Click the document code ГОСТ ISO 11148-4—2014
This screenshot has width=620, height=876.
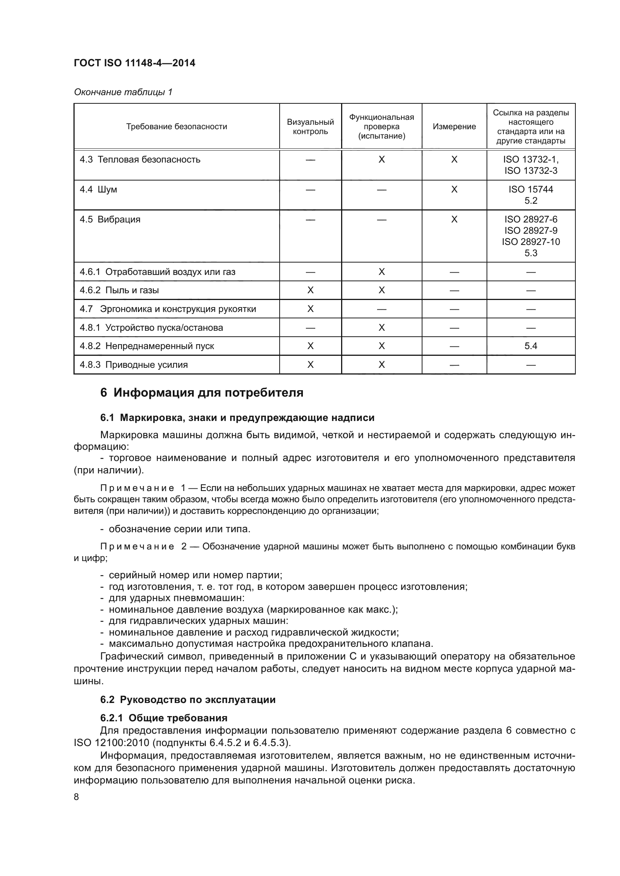tap(135, 63)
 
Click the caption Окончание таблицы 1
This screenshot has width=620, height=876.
tap(123, 92)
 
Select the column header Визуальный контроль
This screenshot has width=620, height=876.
tap(310, 127)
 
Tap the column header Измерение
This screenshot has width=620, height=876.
tap(454, 127)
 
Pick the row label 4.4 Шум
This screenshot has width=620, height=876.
tap(99, 190)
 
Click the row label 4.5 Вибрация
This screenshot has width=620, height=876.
tap(110, 219)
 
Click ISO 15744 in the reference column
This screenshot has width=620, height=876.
tap(530, 189)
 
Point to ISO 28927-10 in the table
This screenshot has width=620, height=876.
tap(530, 242)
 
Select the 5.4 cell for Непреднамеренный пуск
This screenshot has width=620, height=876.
tap(530, 346)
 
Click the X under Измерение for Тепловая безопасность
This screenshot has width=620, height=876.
tap(454, 160)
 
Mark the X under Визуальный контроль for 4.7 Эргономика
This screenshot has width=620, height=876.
tap(310, 309)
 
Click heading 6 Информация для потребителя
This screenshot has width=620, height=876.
tap(202, 392)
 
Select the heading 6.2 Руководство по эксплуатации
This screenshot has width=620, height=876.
tap(187, 700)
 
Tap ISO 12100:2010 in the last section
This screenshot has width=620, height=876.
tap(109, 743)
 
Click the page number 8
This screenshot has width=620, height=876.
tap(76, 797)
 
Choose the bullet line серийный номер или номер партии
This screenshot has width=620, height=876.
tap(195, 575)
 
